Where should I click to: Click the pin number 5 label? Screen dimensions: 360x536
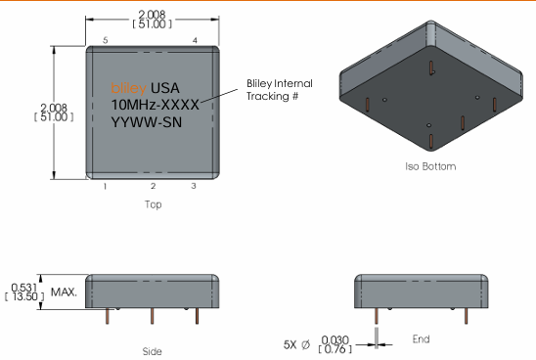[105, 40]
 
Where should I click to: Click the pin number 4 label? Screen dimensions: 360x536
[195, 40]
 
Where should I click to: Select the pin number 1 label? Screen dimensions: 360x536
[105, 186]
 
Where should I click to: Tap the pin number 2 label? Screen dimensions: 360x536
[153, 186]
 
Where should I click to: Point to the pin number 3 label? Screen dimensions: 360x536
[193, 186]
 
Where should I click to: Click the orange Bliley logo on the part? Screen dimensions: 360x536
[129, 87]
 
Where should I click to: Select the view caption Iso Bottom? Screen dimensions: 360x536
[430, 166]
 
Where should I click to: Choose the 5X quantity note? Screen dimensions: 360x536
[290, 343]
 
